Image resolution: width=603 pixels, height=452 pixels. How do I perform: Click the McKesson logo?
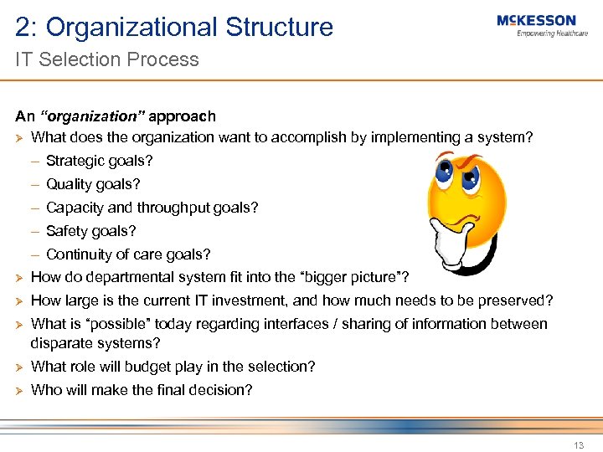[x=536, y=20]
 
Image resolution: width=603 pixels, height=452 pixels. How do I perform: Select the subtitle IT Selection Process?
[x=107, y=59]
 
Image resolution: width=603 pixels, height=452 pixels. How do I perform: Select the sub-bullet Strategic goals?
[x=100, y=161]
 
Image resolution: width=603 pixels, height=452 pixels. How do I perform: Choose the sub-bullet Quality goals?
[x=93, y=184]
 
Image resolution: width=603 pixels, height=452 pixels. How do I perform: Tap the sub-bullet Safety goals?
[x=90, y=231]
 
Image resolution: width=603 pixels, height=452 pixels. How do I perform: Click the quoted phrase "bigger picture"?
[x=353, y=277]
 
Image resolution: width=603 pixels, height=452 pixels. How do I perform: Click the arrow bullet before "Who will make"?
[x=20, y=390]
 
